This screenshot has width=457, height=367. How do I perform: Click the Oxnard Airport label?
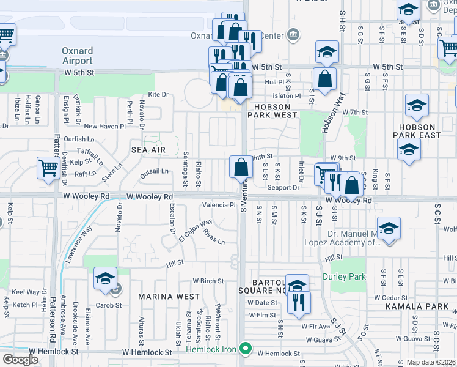(x=77, y=56)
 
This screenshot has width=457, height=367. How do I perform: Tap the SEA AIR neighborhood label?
(x=148, y=149)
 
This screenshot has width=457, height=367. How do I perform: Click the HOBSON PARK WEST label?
(x=272, y=111)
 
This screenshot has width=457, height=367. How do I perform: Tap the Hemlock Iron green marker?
(x=246, y=349)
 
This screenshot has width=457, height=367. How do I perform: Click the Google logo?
(x=20, y=360)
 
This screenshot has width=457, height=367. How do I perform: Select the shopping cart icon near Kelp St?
(x=48, y=168)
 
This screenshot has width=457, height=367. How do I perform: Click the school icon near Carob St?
(x=106, y=278)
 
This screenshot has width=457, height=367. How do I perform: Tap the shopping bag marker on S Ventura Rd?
(x=241, y=167)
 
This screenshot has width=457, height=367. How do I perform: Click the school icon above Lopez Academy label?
(x=388, y=229)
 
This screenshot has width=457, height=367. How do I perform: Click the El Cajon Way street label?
(x=196, y=231)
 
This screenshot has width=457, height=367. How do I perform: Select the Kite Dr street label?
(x=158, y=95)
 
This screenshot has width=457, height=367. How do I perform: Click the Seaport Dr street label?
(x=288, y=187)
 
